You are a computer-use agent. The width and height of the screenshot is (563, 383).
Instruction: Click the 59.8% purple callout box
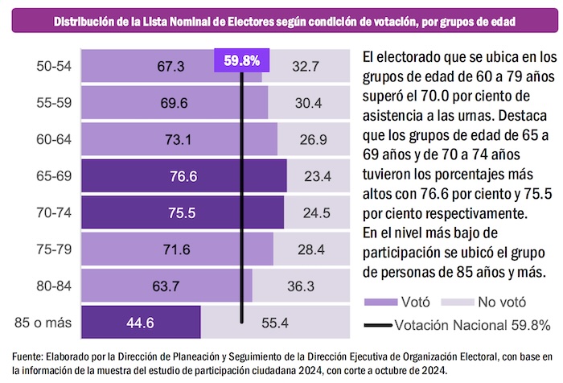[x=242, y=60]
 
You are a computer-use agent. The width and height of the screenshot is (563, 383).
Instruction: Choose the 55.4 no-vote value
[x=275, y=323]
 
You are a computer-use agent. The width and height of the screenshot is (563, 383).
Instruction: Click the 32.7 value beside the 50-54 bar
[x=306, y=67]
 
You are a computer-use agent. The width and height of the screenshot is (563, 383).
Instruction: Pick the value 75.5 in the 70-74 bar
[x=182, y=213]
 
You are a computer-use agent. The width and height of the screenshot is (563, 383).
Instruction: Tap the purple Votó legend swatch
[x=384, y=303]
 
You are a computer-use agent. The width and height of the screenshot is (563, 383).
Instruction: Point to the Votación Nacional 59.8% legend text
[x=472, y=325]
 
